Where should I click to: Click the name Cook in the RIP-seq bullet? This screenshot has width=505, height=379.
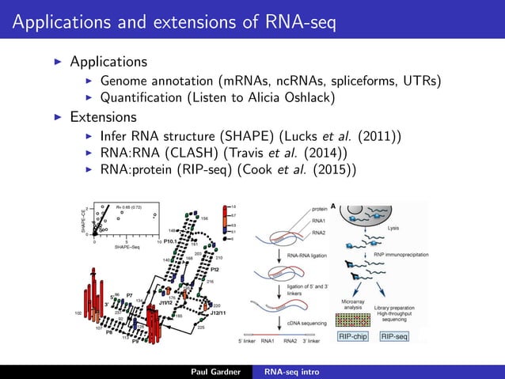(x=266, y=169)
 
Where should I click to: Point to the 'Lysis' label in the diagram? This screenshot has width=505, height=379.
(x=393, y=227)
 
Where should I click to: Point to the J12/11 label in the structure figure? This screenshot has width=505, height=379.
(x=218, y=313)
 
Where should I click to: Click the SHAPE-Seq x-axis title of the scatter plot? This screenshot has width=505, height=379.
(x=127, y=248)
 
